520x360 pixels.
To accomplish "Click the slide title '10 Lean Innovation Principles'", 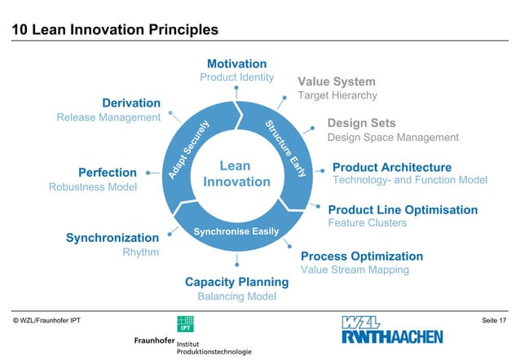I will pos(115,30).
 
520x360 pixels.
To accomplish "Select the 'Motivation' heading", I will pos(236,64).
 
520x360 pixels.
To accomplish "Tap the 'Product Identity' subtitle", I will pos(236,77).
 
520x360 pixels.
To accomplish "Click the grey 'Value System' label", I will pos(337,81).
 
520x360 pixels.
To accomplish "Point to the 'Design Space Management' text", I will pos(393,137).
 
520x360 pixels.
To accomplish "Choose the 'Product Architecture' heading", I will pos(392,167).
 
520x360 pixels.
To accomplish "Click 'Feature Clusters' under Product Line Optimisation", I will pos(367,222).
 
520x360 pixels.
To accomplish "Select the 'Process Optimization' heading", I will pos(362,256).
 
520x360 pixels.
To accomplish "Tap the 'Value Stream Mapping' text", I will pos(355,270).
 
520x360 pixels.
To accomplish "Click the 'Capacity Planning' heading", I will pos(236,282).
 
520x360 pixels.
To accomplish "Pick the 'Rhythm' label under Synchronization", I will pos(140,252).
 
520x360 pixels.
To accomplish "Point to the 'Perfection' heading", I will pos(107,173).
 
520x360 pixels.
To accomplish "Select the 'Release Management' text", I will pos(108,117).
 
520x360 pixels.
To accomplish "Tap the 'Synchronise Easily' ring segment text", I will pos(236,232).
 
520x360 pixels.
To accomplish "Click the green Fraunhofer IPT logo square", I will pos(185,323).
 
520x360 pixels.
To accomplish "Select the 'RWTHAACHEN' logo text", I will pos(392,336).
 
